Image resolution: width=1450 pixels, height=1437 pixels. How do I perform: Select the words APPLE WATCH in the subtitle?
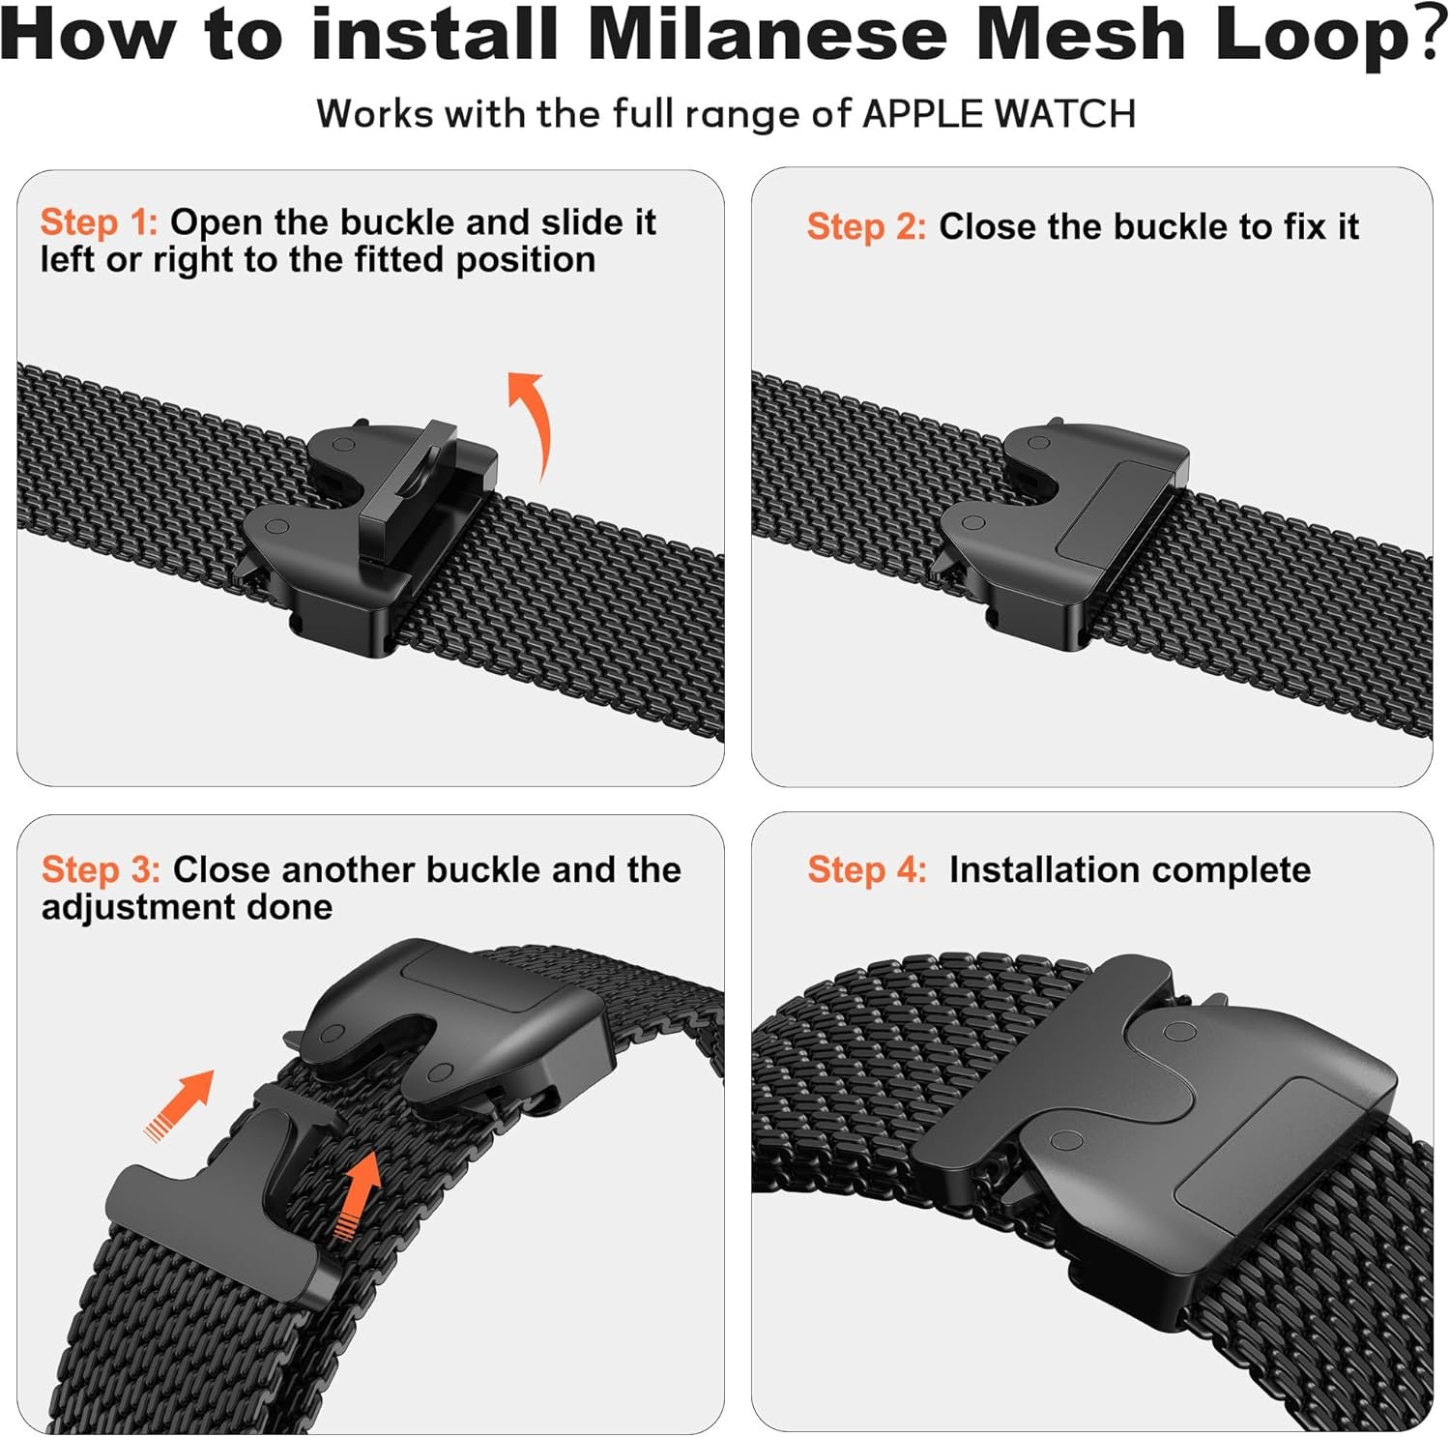tap(999, 114)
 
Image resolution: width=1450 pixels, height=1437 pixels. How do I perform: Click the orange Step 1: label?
tap(99, 222)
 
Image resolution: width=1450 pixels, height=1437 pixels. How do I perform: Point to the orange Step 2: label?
tap(866, 227)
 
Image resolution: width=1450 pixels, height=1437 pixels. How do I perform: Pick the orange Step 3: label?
tap(101, 869)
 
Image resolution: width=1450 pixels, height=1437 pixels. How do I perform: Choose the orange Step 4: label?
tap(867, 869)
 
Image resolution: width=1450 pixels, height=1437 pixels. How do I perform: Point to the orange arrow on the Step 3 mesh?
tap(358, 1196)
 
